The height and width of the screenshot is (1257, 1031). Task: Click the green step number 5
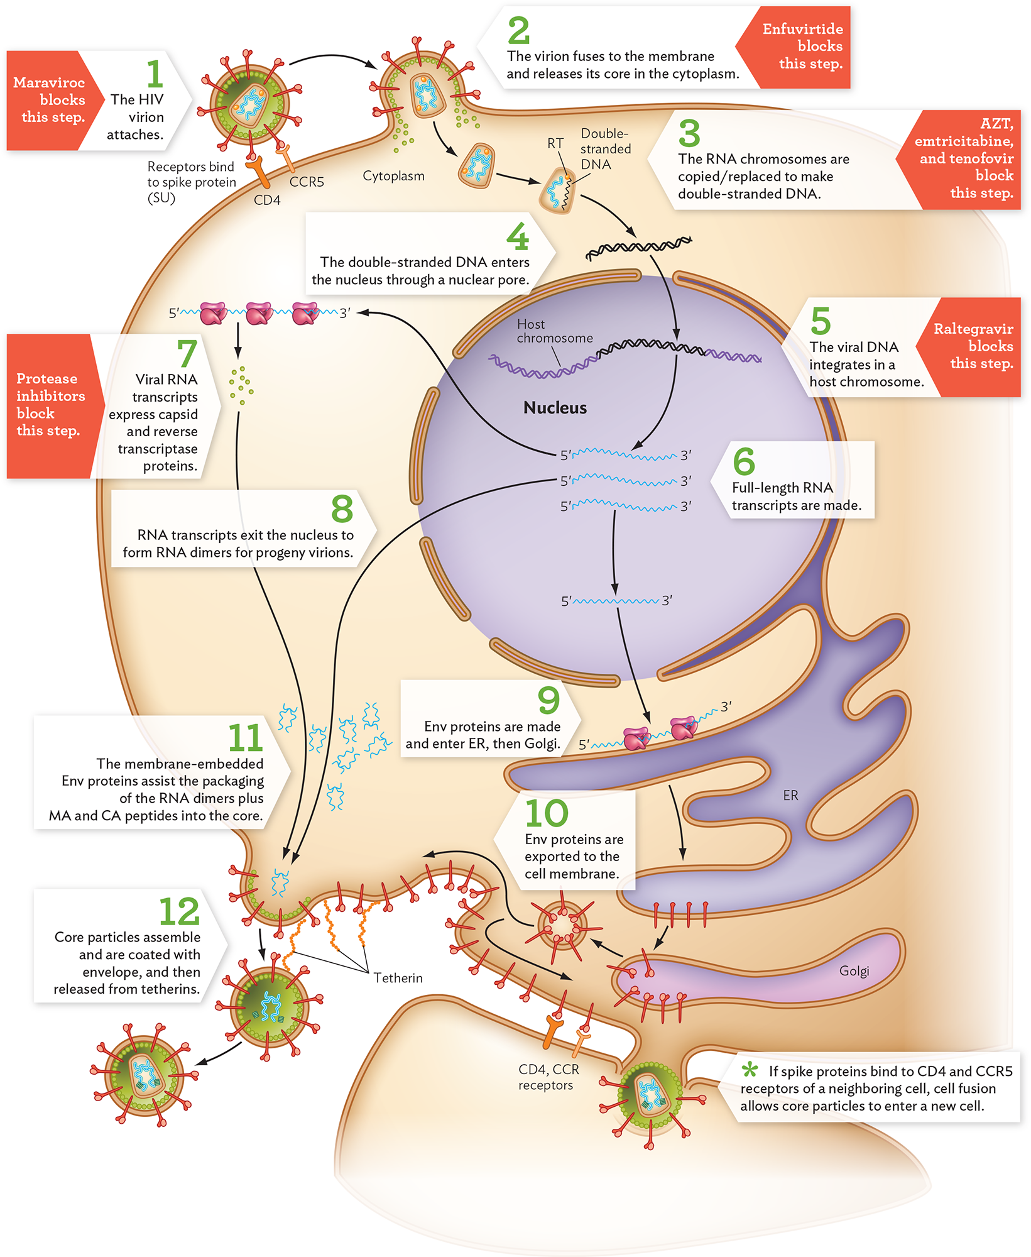coord(820,321)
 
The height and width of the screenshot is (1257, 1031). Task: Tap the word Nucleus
coord(555,408)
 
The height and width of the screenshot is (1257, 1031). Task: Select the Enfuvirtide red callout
coord(801,47)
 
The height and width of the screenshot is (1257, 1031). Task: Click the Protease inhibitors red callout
coord(50,405)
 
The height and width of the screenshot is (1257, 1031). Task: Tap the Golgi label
coord(854,971)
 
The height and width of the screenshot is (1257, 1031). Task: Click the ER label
coord(790,796)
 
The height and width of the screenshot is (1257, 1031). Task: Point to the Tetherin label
coord(398,978)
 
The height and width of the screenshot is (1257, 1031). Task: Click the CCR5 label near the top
coord(307,182)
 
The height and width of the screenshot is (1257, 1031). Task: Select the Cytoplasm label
coord(393,176)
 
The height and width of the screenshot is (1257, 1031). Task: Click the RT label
coord(555,143)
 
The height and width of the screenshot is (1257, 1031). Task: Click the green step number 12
coord(179,912)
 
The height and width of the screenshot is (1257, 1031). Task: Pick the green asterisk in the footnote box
coord(749,1069)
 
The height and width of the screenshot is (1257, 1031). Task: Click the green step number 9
coord(548,700)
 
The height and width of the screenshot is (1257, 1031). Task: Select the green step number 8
coord(342,508)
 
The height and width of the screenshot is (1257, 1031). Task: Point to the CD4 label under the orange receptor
coord(267,200)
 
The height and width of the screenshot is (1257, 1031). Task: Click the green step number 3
coord(689,133)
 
